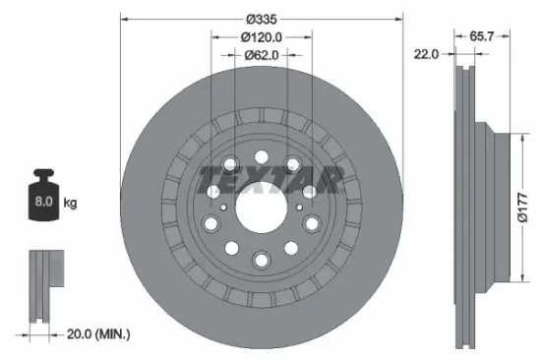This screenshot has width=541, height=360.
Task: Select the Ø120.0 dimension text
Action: (x=262, y=37)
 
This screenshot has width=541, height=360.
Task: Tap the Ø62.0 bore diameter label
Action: (x=262, y=56)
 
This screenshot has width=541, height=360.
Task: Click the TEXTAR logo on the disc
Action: (x=269, y=181)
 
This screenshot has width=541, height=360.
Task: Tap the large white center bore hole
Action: (x=261, y=205)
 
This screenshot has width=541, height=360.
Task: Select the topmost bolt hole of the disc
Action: (x=261, y=156)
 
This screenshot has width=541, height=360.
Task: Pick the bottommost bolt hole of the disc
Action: (x=261, y=259)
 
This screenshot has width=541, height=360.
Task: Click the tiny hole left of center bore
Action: (x=225, y=207)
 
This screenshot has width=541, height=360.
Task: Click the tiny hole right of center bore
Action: (x=297, y=207)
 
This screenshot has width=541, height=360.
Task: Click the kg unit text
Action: (x=71, y=204)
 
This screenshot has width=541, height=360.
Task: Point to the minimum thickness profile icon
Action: (x=41, y=285)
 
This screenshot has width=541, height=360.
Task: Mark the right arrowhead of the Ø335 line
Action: (x=399, y=19)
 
